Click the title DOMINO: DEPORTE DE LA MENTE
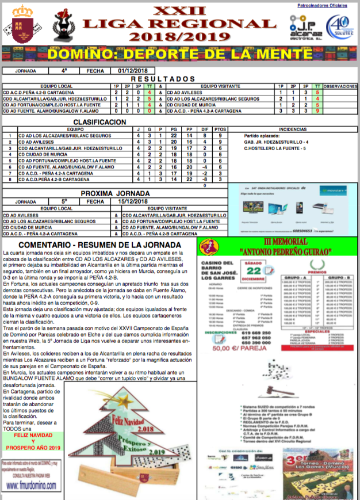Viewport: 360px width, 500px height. coord(179,55)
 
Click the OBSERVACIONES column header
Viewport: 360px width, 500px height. coord(340,86)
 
